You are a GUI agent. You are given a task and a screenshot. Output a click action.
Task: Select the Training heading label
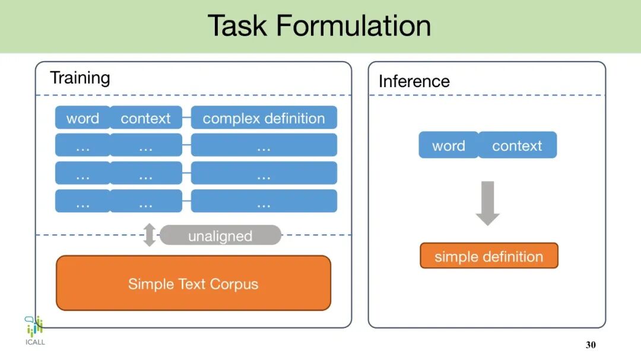tap(80, 78)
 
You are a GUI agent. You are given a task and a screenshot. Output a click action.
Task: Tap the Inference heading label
tap(414, 81)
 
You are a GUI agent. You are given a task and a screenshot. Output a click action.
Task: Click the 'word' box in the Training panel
tap(82, 118)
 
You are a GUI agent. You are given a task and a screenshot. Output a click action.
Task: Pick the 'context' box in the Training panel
tap(145, 118)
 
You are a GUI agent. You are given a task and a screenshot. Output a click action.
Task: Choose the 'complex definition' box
tap(264, 118)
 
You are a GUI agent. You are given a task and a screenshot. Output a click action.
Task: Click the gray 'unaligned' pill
tap(220, 236)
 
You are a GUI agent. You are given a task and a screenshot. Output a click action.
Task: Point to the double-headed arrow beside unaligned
tap(150, 235)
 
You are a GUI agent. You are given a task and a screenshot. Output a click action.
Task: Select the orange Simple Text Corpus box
tap(193, 283)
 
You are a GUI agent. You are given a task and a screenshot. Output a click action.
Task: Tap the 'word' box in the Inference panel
tap(448, 145)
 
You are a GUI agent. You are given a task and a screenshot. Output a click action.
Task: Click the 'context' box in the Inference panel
tap(517, 145)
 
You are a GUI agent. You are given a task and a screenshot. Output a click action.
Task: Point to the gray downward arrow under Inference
tap(488, 203)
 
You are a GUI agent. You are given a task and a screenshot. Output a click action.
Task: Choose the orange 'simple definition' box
tap(488, 256)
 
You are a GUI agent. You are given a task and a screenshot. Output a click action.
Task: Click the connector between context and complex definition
tap(186, 118)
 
